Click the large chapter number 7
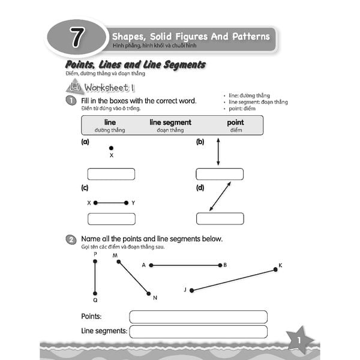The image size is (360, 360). click(77, 37)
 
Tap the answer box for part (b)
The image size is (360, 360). click(220, 175)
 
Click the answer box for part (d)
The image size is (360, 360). click(220, 218)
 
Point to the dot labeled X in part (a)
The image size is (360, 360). click(110, 147)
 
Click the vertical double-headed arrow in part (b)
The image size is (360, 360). click(218, 152)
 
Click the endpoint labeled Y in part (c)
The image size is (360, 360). click(126, 203)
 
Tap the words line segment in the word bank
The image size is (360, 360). click(170, 122)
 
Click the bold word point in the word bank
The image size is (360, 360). click(235, 122)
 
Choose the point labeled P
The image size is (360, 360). click(95, 261)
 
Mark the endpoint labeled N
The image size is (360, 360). click(148, 293)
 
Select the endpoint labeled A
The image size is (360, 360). click(151, 265)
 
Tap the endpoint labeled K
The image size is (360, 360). click(275, 269)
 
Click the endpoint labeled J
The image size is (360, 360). click(191, 290)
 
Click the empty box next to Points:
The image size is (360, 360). click(198, 317)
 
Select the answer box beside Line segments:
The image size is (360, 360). click(198, 332)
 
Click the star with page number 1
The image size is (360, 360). click(298, 341)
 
